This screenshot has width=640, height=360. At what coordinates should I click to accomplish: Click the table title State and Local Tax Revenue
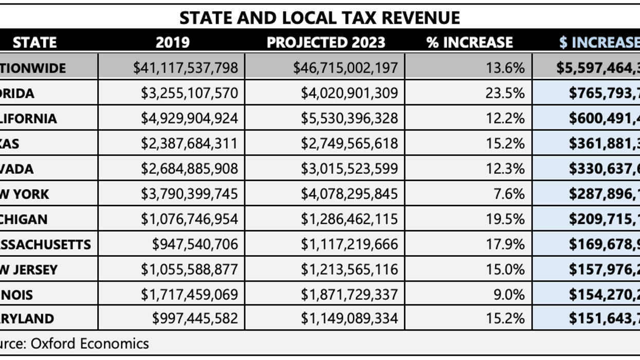(x=319, y=18)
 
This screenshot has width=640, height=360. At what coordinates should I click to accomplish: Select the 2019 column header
(x=172, y=42)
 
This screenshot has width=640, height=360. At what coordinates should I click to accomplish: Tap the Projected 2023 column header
(x=325, y=42)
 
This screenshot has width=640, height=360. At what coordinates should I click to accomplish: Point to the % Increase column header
(x=469, y=42)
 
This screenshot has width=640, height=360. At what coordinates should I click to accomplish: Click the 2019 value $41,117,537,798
(x=186, y=68)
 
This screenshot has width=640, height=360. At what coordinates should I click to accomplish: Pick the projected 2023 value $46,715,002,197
(x=345, y=68)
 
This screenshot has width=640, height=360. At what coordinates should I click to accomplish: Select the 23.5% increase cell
(x=505, y=93)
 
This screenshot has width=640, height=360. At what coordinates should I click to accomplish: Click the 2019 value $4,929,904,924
(x=190, y=118)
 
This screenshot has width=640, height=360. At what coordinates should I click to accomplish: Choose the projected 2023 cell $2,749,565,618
(x=350, y=143)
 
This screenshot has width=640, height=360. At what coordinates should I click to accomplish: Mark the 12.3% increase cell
(x=505, y=169)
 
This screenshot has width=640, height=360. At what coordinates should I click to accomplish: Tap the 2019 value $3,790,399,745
(x=190, y=194)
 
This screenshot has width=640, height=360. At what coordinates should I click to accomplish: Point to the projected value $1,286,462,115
(x=350, y=219)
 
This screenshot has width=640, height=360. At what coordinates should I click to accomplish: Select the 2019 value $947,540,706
(x=195, y=244)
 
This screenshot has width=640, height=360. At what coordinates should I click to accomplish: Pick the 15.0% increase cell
(x=505, y=269)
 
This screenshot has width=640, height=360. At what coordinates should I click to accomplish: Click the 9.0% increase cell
(x=509, y=294)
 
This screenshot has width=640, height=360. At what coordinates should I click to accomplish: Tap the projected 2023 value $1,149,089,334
(x=350, y=319)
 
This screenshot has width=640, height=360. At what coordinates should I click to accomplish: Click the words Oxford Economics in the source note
(x=90, y=344)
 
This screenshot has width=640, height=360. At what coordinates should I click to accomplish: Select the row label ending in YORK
(x=25, y=194)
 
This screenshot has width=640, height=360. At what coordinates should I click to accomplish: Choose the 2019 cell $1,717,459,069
(x=190, y=294)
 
